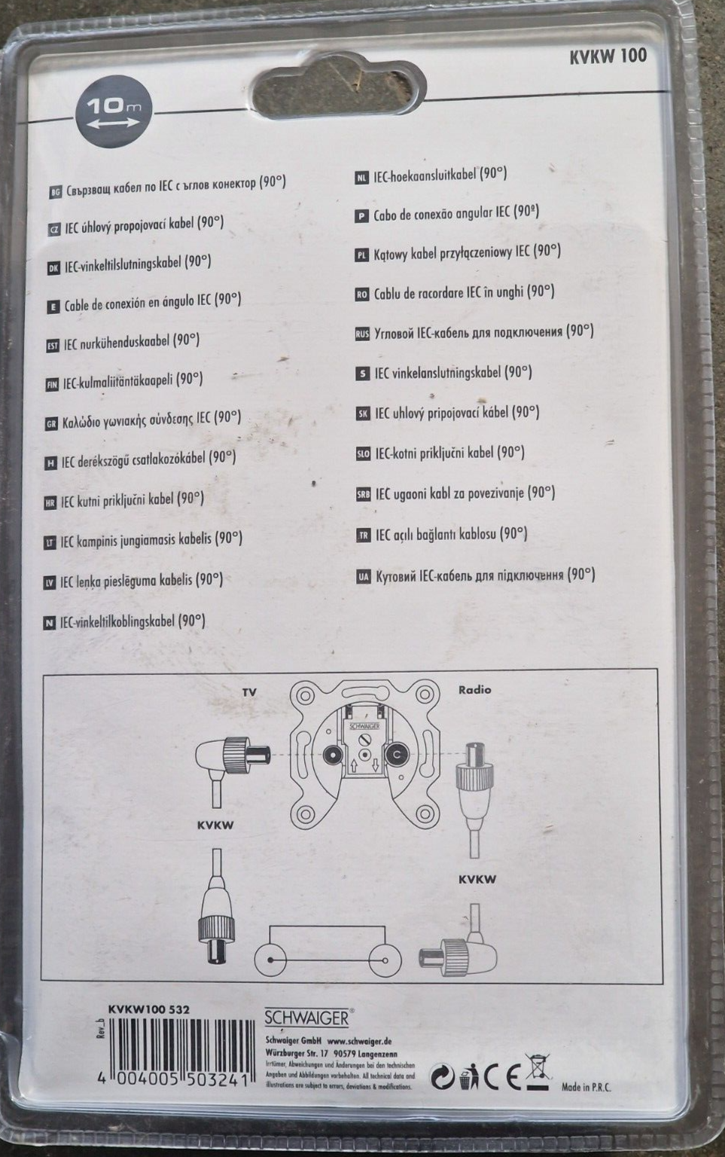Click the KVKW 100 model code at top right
pos(608,56)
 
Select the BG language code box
pos(55,192)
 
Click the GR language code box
pos(51,424)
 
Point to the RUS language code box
pos(362,334)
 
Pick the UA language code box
pos(364,577)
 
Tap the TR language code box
pos(363,536)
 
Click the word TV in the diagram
pos(249,691)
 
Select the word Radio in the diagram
pos(474,689)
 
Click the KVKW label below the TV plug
pos(215,825)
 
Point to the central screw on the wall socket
pos(364,755)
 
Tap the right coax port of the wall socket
pos(396,755)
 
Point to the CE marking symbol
pos(504,1078)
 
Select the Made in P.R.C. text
pos(586,1087)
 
